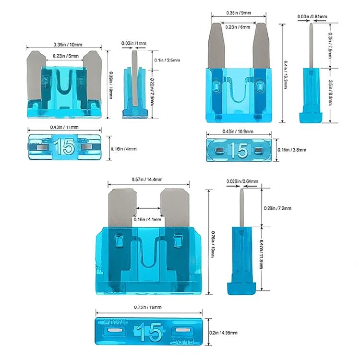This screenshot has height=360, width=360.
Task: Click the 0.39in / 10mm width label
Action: coord(65,45)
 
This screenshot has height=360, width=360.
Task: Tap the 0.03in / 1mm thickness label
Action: coord(134,44)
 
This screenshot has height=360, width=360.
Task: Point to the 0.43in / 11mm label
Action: coord(64,127)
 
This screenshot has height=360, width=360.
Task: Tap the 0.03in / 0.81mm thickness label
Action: coord(312,17)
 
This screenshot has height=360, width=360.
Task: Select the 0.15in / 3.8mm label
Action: coord(292,150)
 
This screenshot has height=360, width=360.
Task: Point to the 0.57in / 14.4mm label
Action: coord(146,179)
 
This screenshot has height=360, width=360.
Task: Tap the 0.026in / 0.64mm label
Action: coord(242,181)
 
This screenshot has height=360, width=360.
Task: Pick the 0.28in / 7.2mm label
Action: coord(278,208)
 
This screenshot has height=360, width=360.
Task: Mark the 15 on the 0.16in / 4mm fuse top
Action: coord(64,147)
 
